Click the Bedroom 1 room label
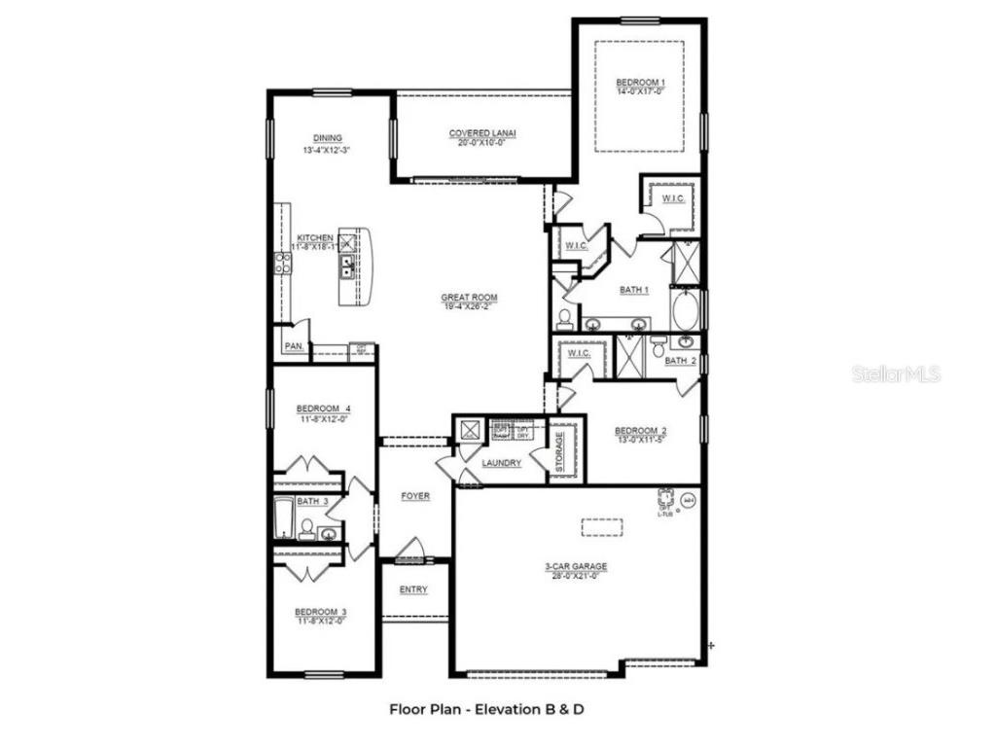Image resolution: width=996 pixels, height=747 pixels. click(x=640, y=82)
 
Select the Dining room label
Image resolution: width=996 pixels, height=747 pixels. click(x=328, y=138)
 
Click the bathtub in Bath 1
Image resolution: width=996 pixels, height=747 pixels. click(x=686, y=309)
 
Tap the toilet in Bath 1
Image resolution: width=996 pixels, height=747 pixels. click(x=565, y=318)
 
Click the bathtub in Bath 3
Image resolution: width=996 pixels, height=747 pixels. click(x=284, y=516)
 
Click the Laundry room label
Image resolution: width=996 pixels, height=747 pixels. click(x=501, y=464)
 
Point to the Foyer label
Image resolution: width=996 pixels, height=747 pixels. click(x=415, y=497)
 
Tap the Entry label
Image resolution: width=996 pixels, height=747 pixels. click(x=413, y=589)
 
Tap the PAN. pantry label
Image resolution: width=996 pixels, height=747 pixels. click(x=293, y=346)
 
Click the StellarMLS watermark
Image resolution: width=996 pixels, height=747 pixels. click(x=896, y=373)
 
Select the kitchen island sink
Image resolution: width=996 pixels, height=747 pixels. click(x=345, y=263)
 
